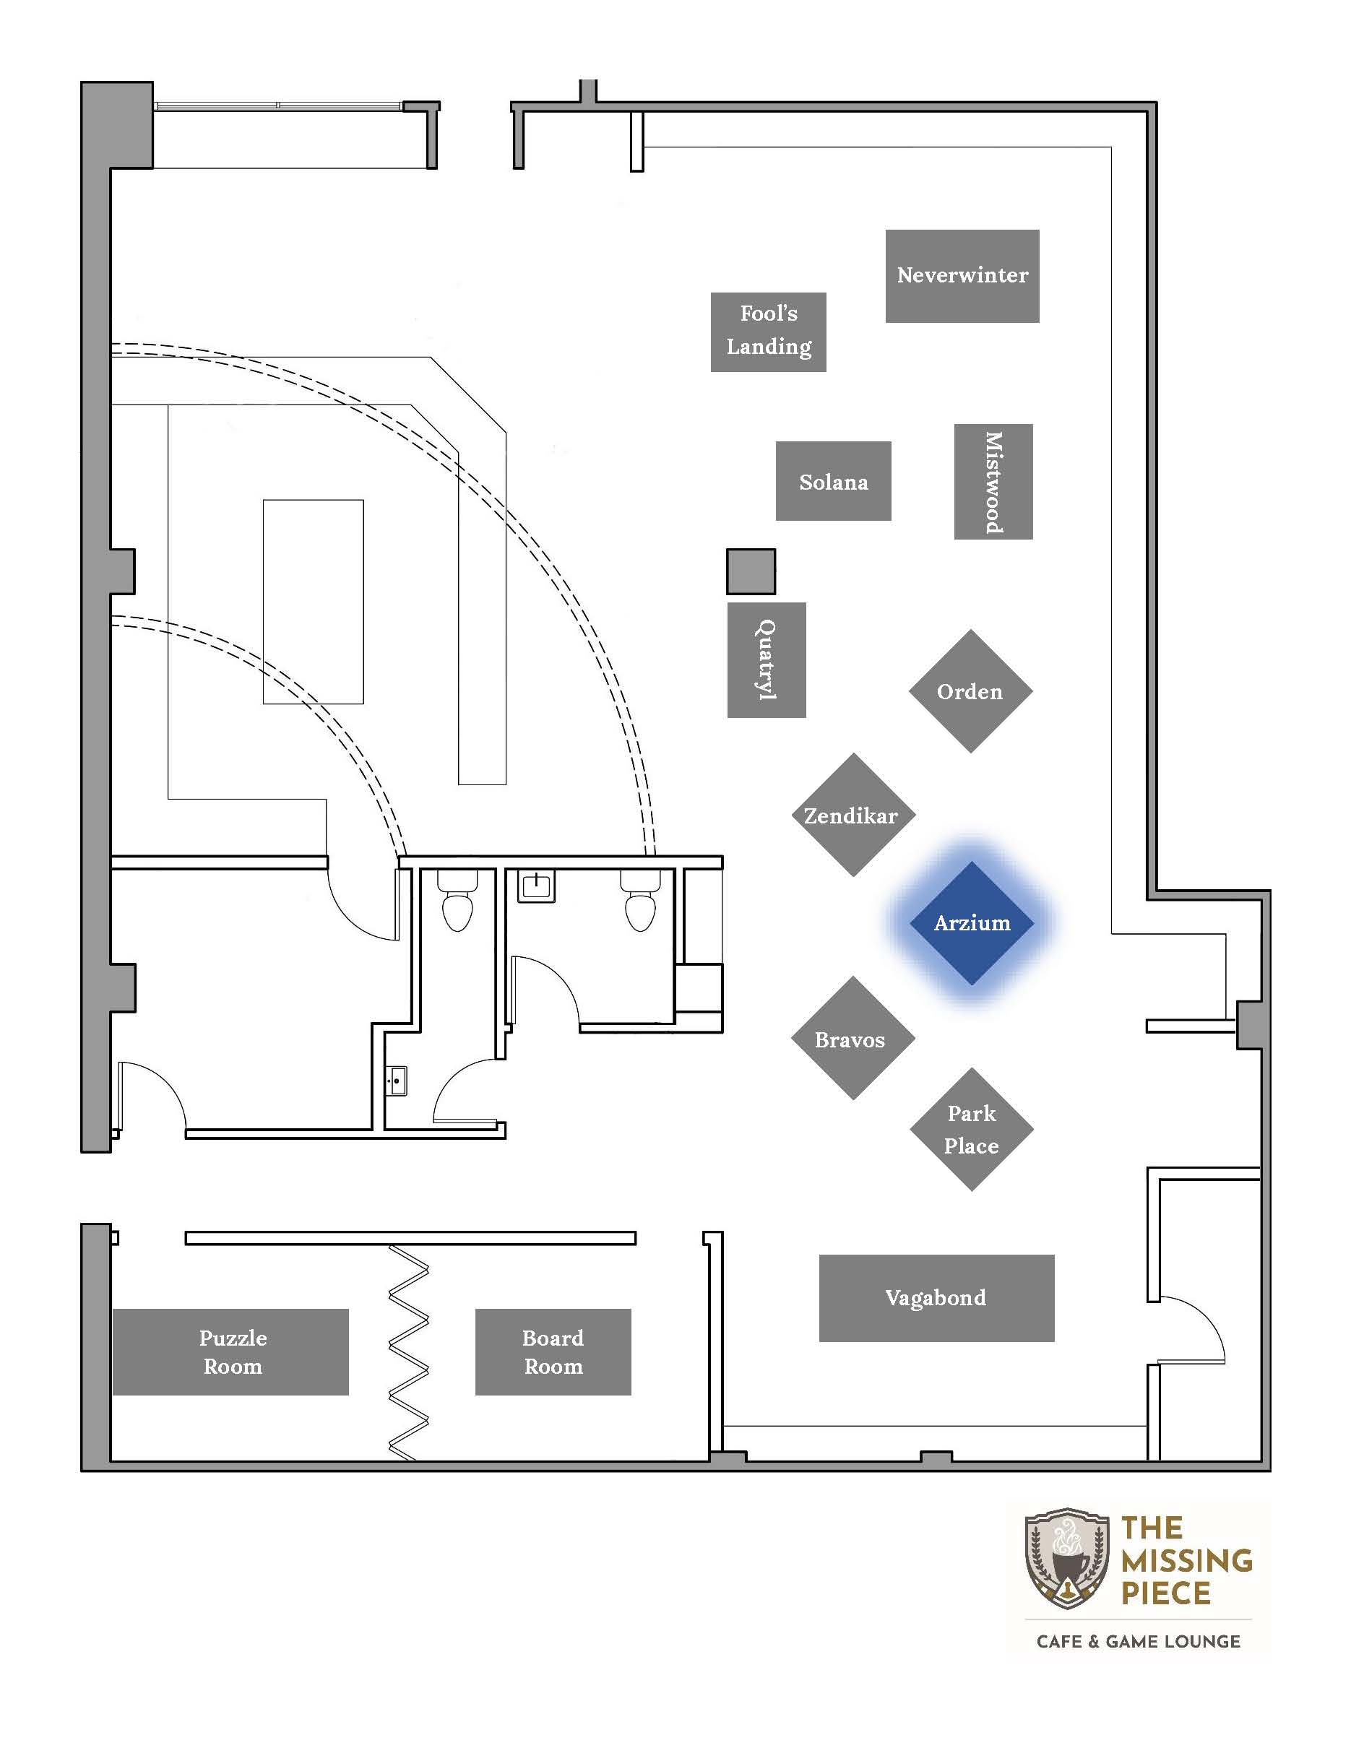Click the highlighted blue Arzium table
(972, 923)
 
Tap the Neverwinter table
(962, 276)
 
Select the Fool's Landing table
(769, 332)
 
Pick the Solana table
(833, 481)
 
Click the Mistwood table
(993, 482)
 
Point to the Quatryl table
(767, 660)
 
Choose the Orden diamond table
(971, 691)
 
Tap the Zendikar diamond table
(853, 815)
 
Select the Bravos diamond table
(853, 1038)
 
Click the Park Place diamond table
(972, 1129)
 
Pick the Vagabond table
(936, 1298)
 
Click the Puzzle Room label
(233, 1352)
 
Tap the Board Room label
(553, 1352)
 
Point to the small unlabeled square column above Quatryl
(751, 571)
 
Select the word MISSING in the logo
(1187, 1561)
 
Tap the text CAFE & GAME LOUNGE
(1138, 1642)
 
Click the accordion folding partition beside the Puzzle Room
(409, 1352)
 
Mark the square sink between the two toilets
(535, 886)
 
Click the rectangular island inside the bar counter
(314, 602)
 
